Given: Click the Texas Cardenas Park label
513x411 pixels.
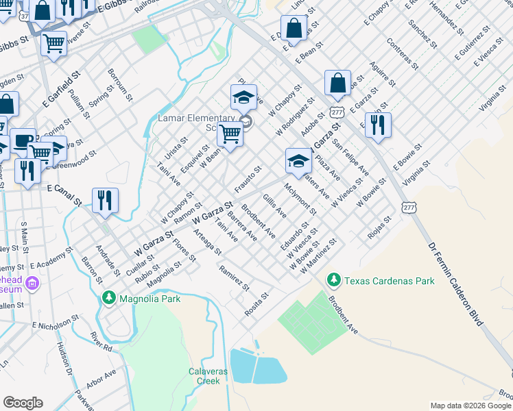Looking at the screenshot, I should tap(389, 280).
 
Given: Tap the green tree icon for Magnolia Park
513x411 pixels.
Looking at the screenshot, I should tap(108, 298).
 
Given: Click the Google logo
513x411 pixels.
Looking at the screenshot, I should tap(23, 402).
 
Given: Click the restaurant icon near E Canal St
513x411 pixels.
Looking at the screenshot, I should tap(105, 200).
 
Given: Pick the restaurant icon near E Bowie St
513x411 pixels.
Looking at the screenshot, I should tap(378, 125).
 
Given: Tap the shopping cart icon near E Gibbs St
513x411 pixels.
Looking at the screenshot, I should tap(53, 44).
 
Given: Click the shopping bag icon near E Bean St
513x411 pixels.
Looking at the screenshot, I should tap(294, 29).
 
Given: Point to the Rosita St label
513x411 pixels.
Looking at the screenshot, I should tap(256, 303).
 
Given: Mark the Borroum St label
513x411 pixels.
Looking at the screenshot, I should tap(119, 84).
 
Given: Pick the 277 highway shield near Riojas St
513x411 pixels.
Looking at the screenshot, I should tap(409, 207).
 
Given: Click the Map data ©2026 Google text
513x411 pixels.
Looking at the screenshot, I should tap(471, 406).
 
